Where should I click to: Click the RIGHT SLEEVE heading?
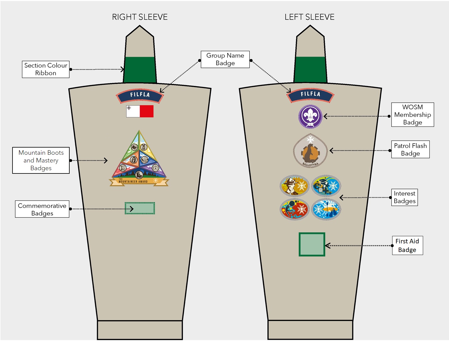point(140,17)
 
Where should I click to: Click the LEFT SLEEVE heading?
point(309,17)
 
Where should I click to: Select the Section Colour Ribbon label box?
point(46,69)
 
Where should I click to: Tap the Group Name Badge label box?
point(225,59)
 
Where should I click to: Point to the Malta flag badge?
point(140,111)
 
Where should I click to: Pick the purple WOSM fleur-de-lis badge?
point(310,116)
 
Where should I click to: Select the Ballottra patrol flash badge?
point(310,151)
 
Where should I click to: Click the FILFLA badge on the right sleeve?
point(140,95)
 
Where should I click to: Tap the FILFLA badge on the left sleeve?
point(310,95)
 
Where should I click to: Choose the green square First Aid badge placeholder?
point(312,244)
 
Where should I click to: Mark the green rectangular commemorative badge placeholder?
point(140,208)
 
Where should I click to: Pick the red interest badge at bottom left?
point(294,209)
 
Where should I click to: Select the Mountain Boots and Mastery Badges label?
point(41,160)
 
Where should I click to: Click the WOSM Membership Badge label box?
point(412,115)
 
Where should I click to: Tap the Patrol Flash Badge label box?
point(410,149)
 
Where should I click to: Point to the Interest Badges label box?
point(404,197)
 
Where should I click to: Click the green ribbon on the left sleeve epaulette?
point(310,70)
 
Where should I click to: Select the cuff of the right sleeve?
point(140,330)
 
